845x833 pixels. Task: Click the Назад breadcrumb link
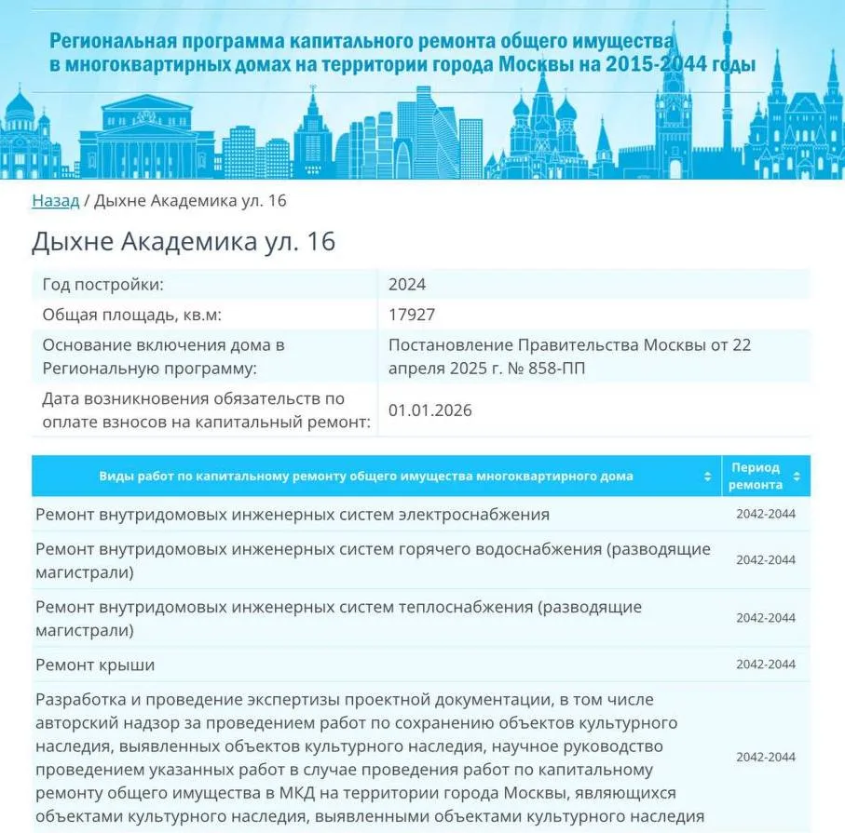click(x=55, y=201)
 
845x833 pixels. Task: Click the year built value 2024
click(x=406, y=285)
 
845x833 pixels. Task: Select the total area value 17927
click(x=411, y=315)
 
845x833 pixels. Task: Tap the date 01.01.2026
click(x=429, y=410)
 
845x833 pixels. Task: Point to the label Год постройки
click(x=102, y=285)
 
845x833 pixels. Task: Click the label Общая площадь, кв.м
click(x=132, y=315)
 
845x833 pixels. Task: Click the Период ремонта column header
click(x=755, y=476)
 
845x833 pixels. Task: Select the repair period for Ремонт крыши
click(x=765, y=665)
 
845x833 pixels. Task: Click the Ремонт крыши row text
click(x=95, y=665)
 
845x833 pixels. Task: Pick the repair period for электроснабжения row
click(x=765, y=515)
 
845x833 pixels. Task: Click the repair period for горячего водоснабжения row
click(x=765, y=560)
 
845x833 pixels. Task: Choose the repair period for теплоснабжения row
click(x=765, y=618)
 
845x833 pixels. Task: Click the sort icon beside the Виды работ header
click(x=707, y=477)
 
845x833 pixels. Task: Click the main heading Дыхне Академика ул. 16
click(x=183, y=242)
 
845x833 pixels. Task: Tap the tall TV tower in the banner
click(x=727, y=84)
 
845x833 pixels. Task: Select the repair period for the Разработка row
click(x=765, y=757)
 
